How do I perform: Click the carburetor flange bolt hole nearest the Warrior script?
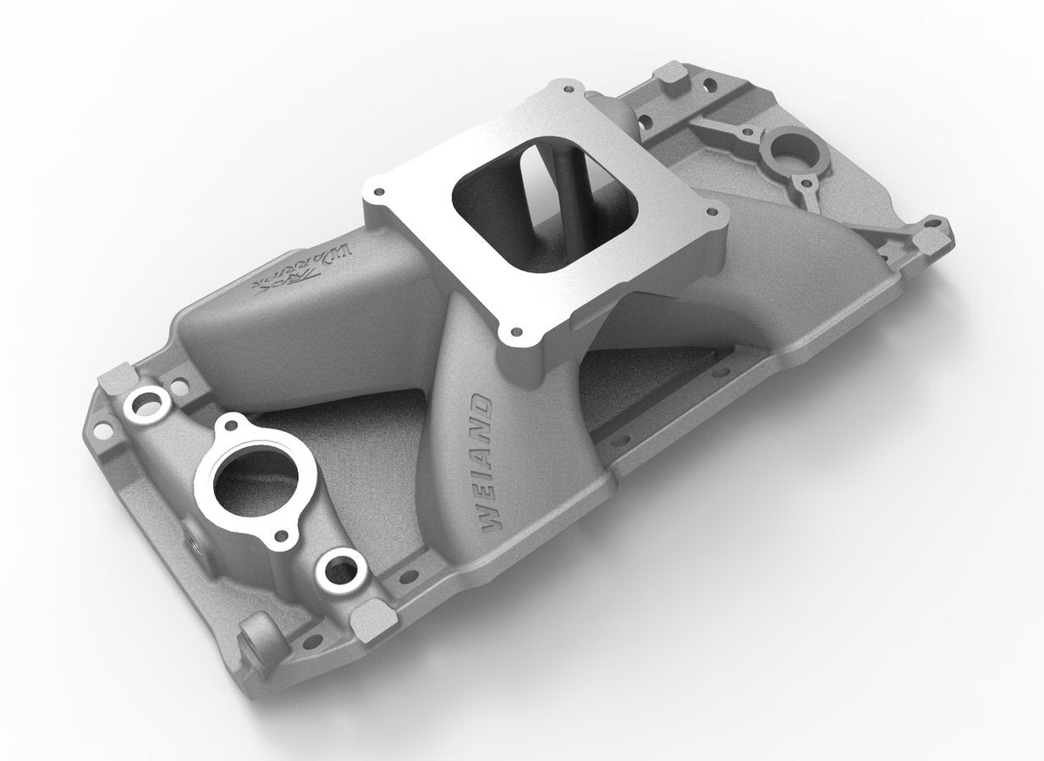tap(378, 190)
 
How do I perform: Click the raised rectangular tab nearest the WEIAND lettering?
tap(373, 622)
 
